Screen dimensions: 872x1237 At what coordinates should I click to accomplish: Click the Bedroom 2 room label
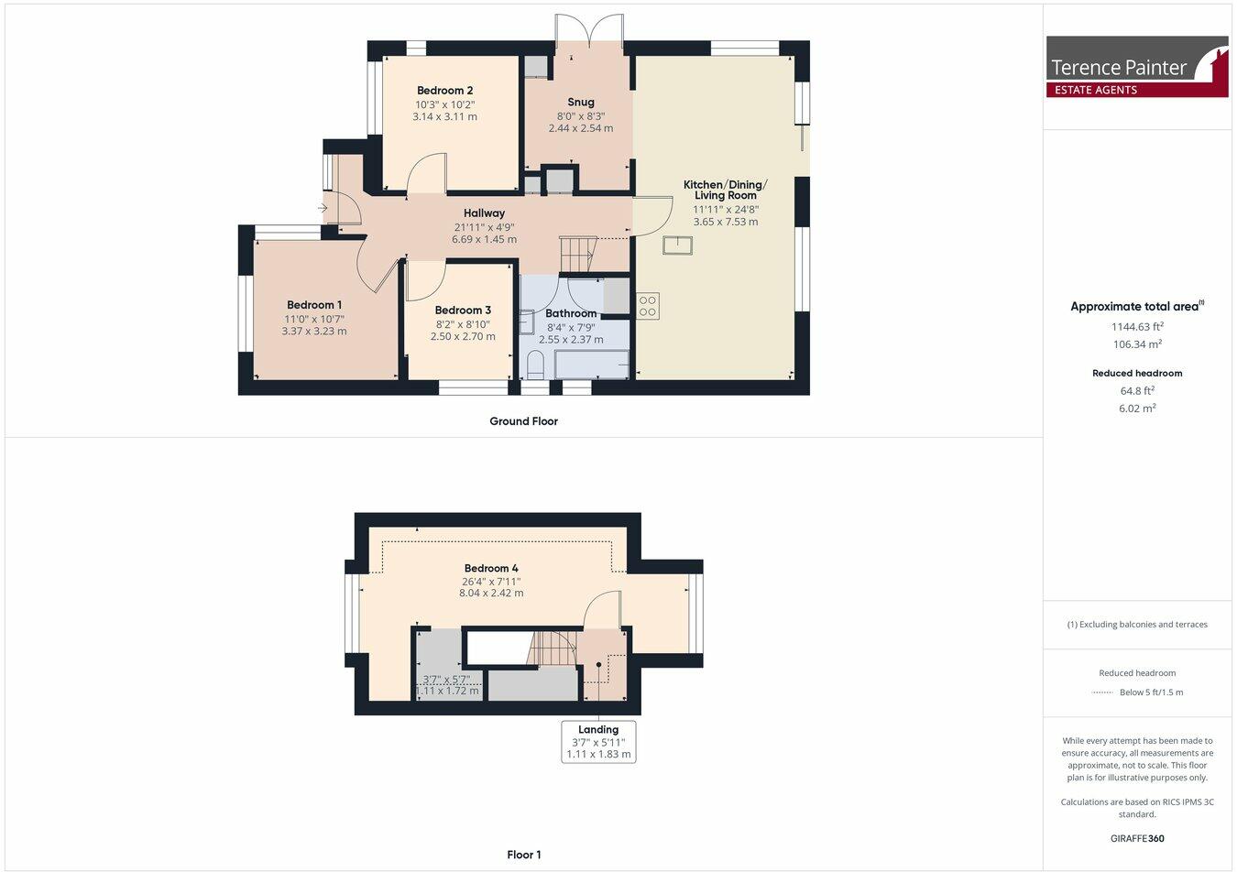coord(444,91)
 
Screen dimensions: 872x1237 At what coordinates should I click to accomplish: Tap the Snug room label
coord(581,103)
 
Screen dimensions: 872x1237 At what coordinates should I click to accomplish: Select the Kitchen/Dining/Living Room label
coord(725,190)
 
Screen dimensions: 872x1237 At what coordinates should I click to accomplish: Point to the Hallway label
coord(484,213)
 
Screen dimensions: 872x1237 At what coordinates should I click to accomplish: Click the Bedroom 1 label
coord(314,305)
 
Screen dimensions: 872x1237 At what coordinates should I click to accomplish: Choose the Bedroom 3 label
coord(463,311)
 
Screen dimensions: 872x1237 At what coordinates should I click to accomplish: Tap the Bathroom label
coord(571,313)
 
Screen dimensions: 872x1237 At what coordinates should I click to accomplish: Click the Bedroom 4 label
coord(491,568)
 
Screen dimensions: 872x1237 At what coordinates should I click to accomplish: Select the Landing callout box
coord(598,742)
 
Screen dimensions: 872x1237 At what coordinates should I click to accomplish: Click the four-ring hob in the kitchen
coord(648,306)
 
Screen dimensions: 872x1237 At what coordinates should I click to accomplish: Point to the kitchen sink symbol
coord(678,245)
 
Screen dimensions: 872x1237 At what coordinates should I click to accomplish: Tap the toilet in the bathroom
coord(535,366)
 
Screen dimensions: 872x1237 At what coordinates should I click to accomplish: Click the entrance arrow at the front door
coord(323,209)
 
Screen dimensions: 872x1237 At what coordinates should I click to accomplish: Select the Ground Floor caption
coord(523,421)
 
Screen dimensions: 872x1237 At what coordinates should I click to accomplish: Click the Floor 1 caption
coord(524,855)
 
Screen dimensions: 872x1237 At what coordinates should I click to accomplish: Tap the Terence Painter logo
coord(1137,67)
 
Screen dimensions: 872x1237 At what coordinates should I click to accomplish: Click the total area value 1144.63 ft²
coord(1137,326)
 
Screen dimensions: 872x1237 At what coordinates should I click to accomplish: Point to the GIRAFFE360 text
coord(1137,838)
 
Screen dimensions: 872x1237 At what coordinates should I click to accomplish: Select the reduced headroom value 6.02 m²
coord(1137,409)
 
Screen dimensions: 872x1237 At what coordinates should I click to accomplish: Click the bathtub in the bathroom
coord(591,364)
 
